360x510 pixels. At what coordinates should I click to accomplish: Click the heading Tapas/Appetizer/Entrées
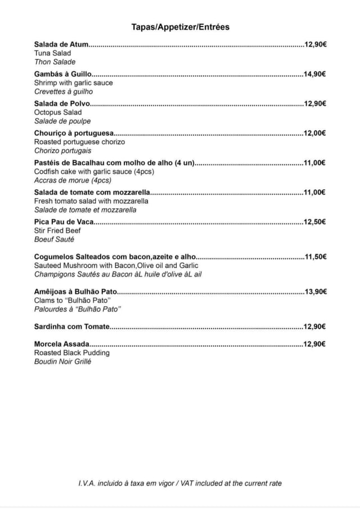click(180, 27)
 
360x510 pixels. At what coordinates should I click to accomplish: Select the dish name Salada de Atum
click(61, 44)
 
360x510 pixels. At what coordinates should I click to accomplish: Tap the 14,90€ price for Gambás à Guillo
click(315, 74)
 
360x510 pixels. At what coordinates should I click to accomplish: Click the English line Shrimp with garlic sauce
click(73, 83)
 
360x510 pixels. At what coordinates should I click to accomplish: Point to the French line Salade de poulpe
click(62, 121)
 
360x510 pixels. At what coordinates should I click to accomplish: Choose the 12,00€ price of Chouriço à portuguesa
click(315, 133)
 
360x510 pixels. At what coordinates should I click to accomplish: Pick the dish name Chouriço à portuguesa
click(74, 133)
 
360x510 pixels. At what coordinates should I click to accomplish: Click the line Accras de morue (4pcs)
click(73, 180)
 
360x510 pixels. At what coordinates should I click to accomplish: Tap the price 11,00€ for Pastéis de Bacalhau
click(315, 163)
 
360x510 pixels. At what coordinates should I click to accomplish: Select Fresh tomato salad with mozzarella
click(91, 201)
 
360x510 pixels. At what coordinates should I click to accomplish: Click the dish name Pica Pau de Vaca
click(64, 222)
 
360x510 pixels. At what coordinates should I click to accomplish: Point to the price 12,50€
click(315, 222)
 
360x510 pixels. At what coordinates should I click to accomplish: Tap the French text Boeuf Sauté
click(54, 239)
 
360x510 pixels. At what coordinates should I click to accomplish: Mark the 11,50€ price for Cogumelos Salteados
click(316, 257)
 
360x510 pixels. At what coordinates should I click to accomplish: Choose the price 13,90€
click(316, 292)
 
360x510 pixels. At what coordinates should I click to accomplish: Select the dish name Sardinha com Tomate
click(71, 326)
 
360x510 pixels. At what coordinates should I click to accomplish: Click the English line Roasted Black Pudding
click(72, 353)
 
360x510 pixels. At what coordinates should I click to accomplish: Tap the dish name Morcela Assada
click(61, 344)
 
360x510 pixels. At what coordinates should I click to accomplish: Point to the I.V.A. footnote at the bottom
click(180, 483)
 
